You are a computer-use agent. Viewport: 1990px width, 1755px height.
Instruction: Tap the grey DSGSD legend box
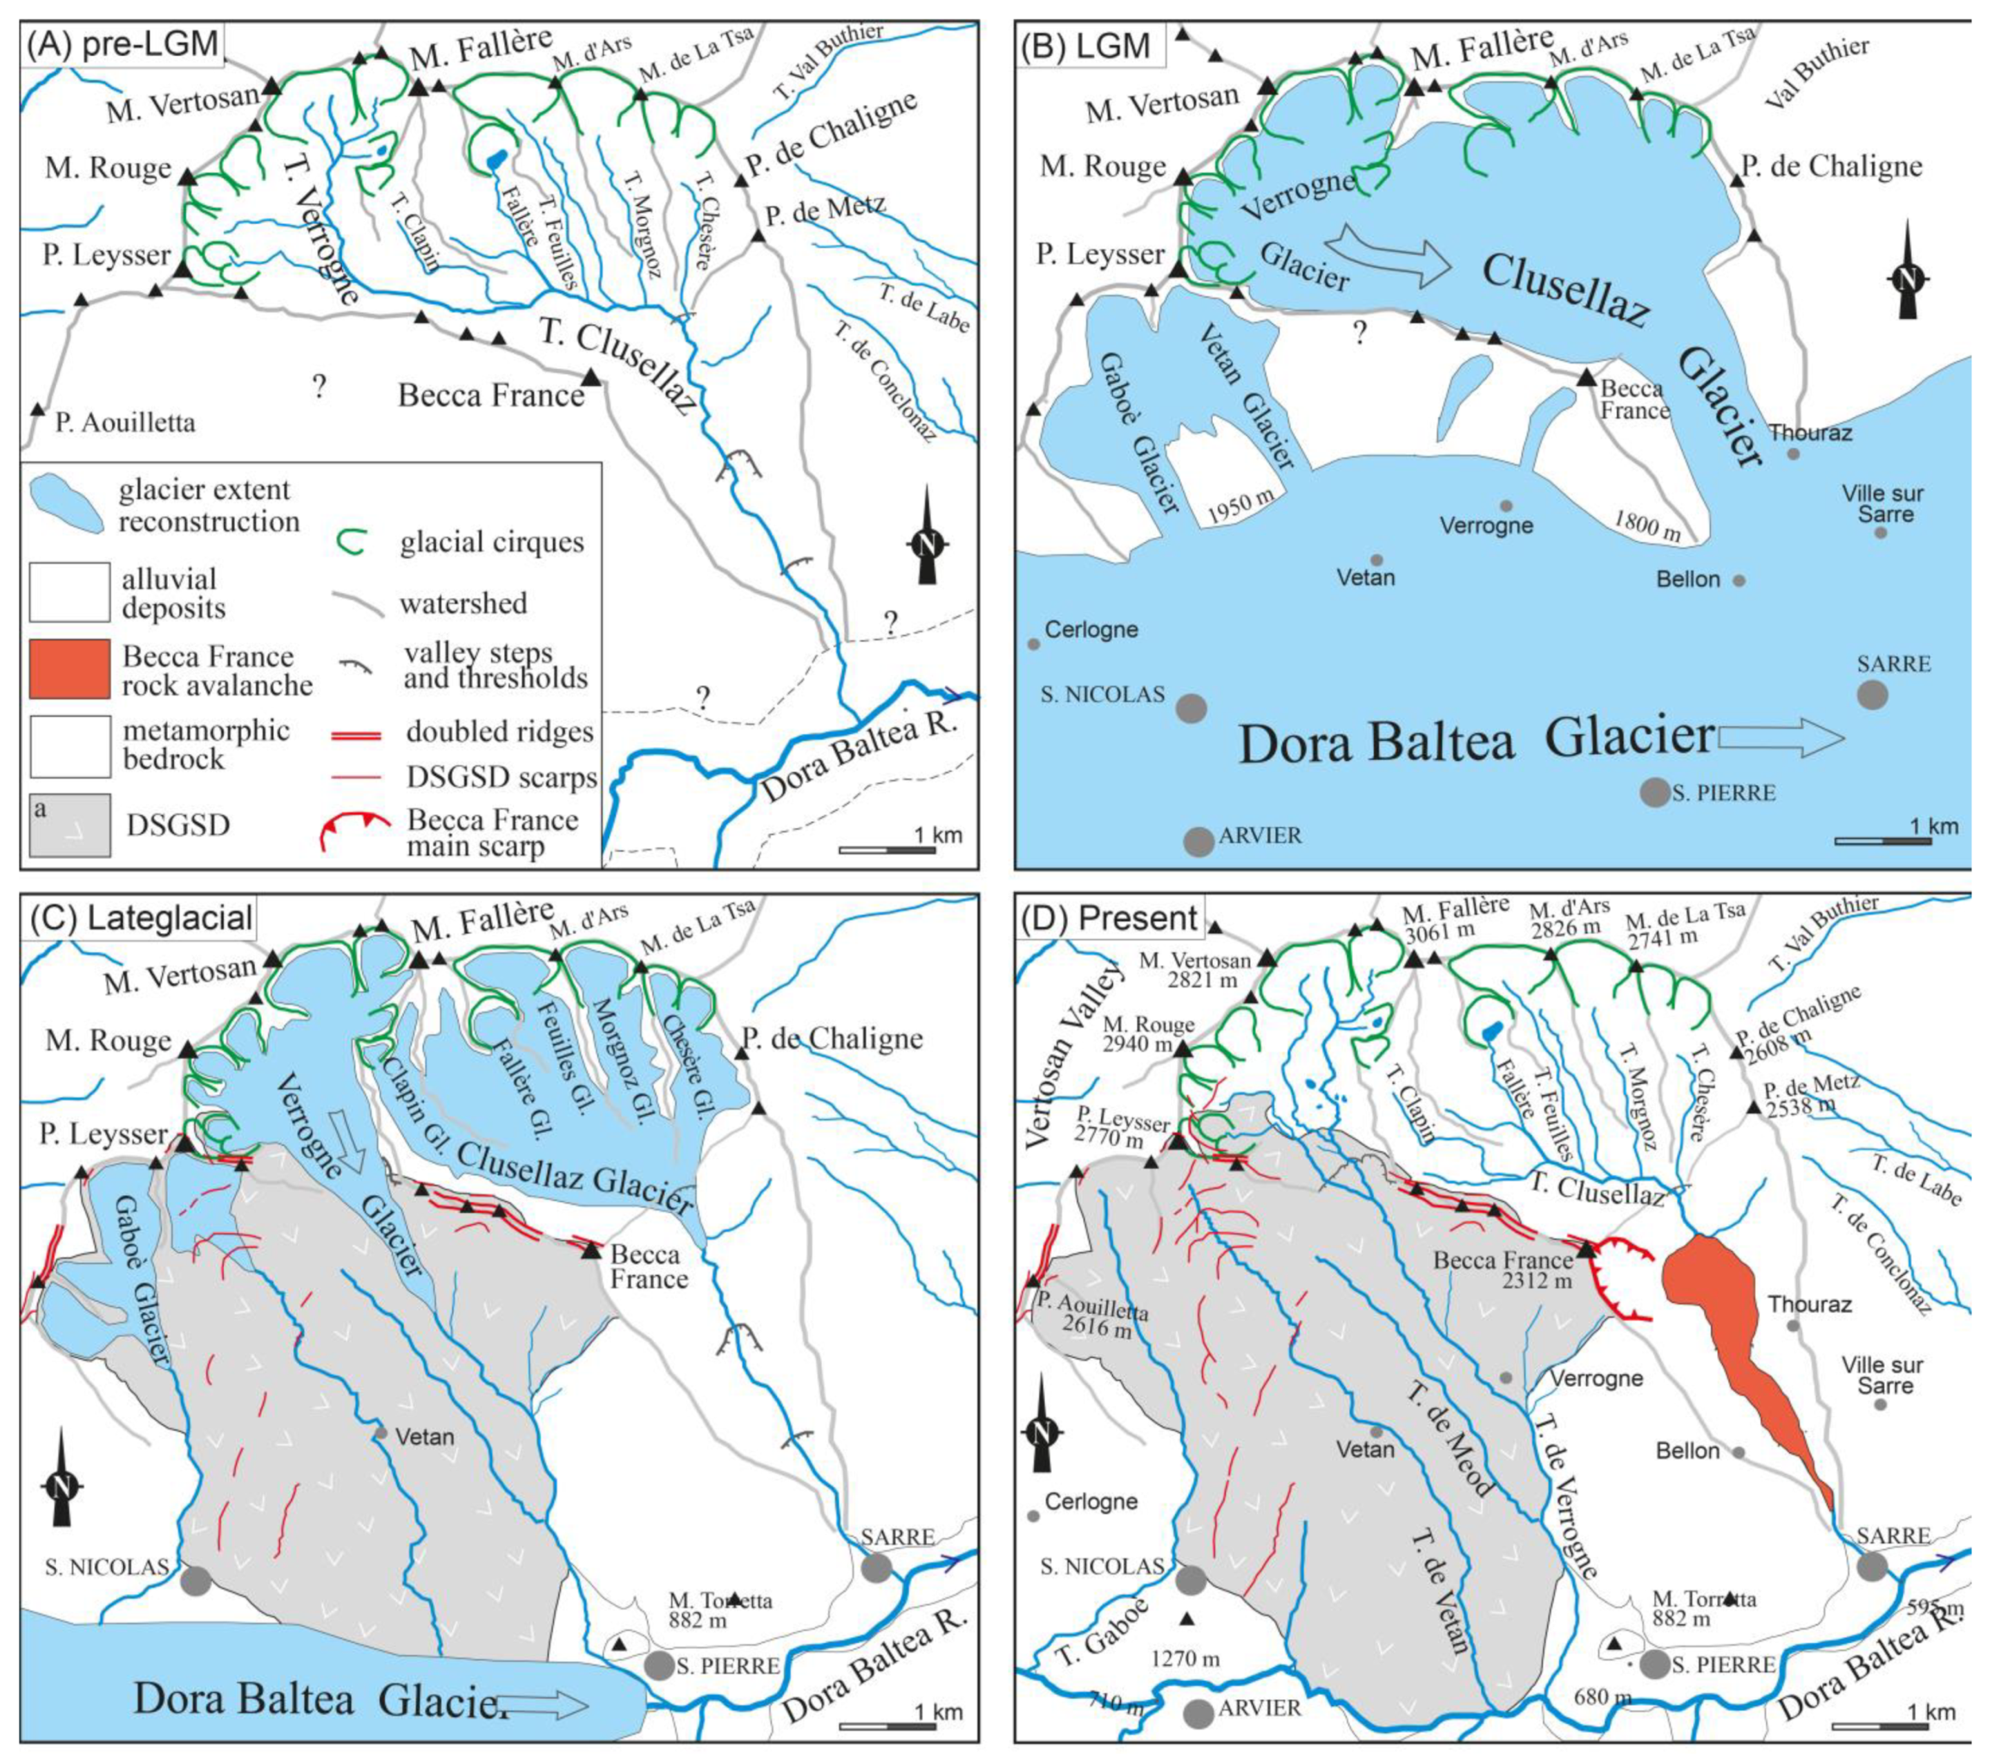(x=69, y=824)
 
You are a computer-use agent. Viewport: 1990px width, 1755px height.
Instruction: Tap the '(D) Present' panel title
(x=1110, y=917)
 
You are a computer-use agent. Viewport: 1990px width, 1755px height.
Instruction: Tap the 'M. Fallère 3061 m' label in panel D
(x=1455, y=920)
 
